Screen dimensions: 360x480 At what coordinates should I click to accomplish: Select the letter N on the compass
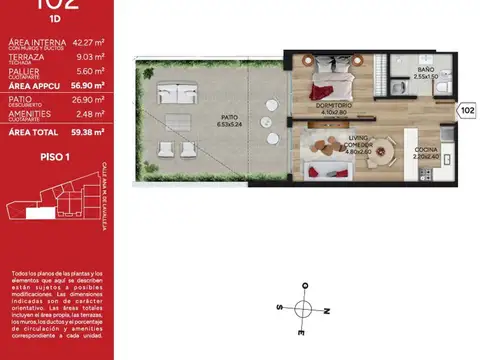coord(327,311)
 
